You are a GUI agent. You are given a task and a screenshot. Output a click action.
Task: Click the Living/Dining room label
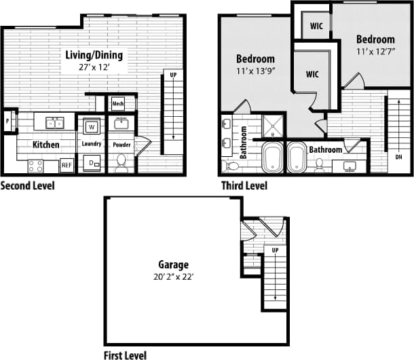[92, 55]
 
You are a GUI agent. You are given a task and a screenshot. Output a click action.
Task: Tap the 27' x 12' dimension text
[92, 68]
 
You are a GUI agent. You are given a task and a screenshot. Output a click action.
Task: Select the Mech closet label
[118, 104]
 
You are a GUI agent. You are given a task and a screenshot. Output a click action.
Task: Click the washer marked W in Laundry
[90, 126]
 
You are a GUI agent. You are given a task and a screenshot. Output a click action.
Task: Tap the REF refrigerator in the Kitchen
[67, 165]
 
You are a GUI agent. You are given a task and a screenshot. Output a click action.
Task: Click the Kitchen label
[46, 145]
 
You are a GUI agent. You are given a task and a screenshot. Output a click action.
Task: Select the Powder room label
[121, 145]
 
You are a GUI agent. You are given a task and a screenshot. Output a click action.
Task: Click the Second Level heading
[28, 185]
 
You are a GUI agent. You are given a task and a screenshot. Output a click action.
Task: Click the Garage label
[174, 264]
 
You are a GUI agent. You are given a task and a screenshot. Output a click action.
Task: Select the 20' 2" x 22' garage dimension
[174, 277]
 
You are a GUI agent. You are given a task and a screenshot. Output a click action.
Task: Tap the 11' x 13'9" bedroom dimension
[255, 71]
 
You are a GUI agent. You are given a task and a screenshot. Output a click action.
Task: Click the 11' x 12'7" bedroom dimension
[375, 52]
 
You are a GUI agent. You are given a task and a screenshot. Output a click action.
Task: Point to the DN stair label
[398, 157]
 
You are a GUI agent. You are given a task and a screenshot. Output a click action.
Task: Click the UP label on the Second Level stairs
[173, 75]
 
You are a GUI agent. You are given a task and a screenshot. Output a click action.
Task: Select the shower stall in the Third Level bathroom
[276, 126]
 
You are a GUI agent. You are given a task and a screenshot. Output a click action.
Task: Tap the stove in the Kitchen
[36, 165]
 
